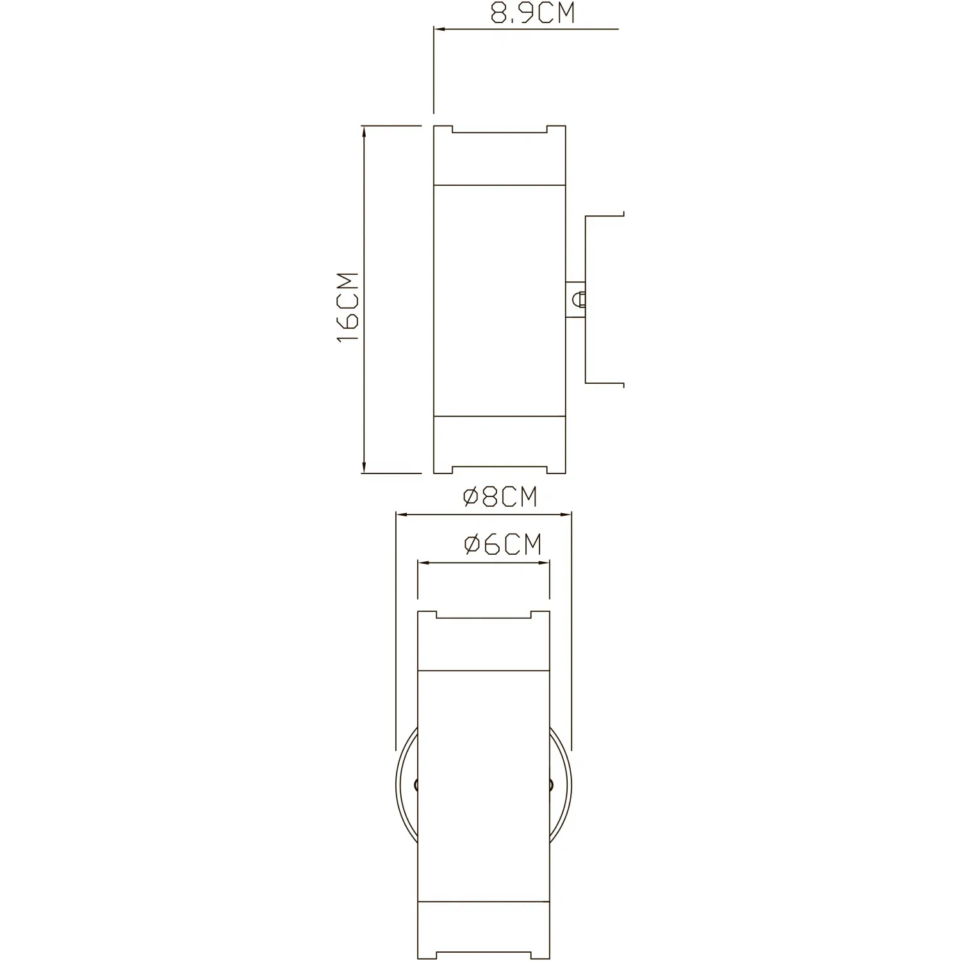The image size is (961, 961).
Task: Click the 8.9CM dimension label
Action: (x=533, y=13)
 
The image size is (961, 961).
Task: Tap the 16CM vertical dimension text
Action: (x=349, y=308)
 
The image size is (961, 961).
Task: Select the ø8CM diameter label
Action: (x=500, y=497)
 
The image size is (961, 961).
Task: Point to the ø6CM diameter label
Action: (x=503, y=545)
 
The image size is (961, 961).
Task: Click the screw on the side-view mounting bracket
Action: (x=580, y=299)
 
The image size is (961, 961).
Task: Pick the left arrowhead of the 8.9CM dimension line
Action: (x=440, y=29)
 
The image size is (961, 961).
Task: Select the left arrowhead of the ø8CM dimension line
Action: (x=403, y=514)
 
